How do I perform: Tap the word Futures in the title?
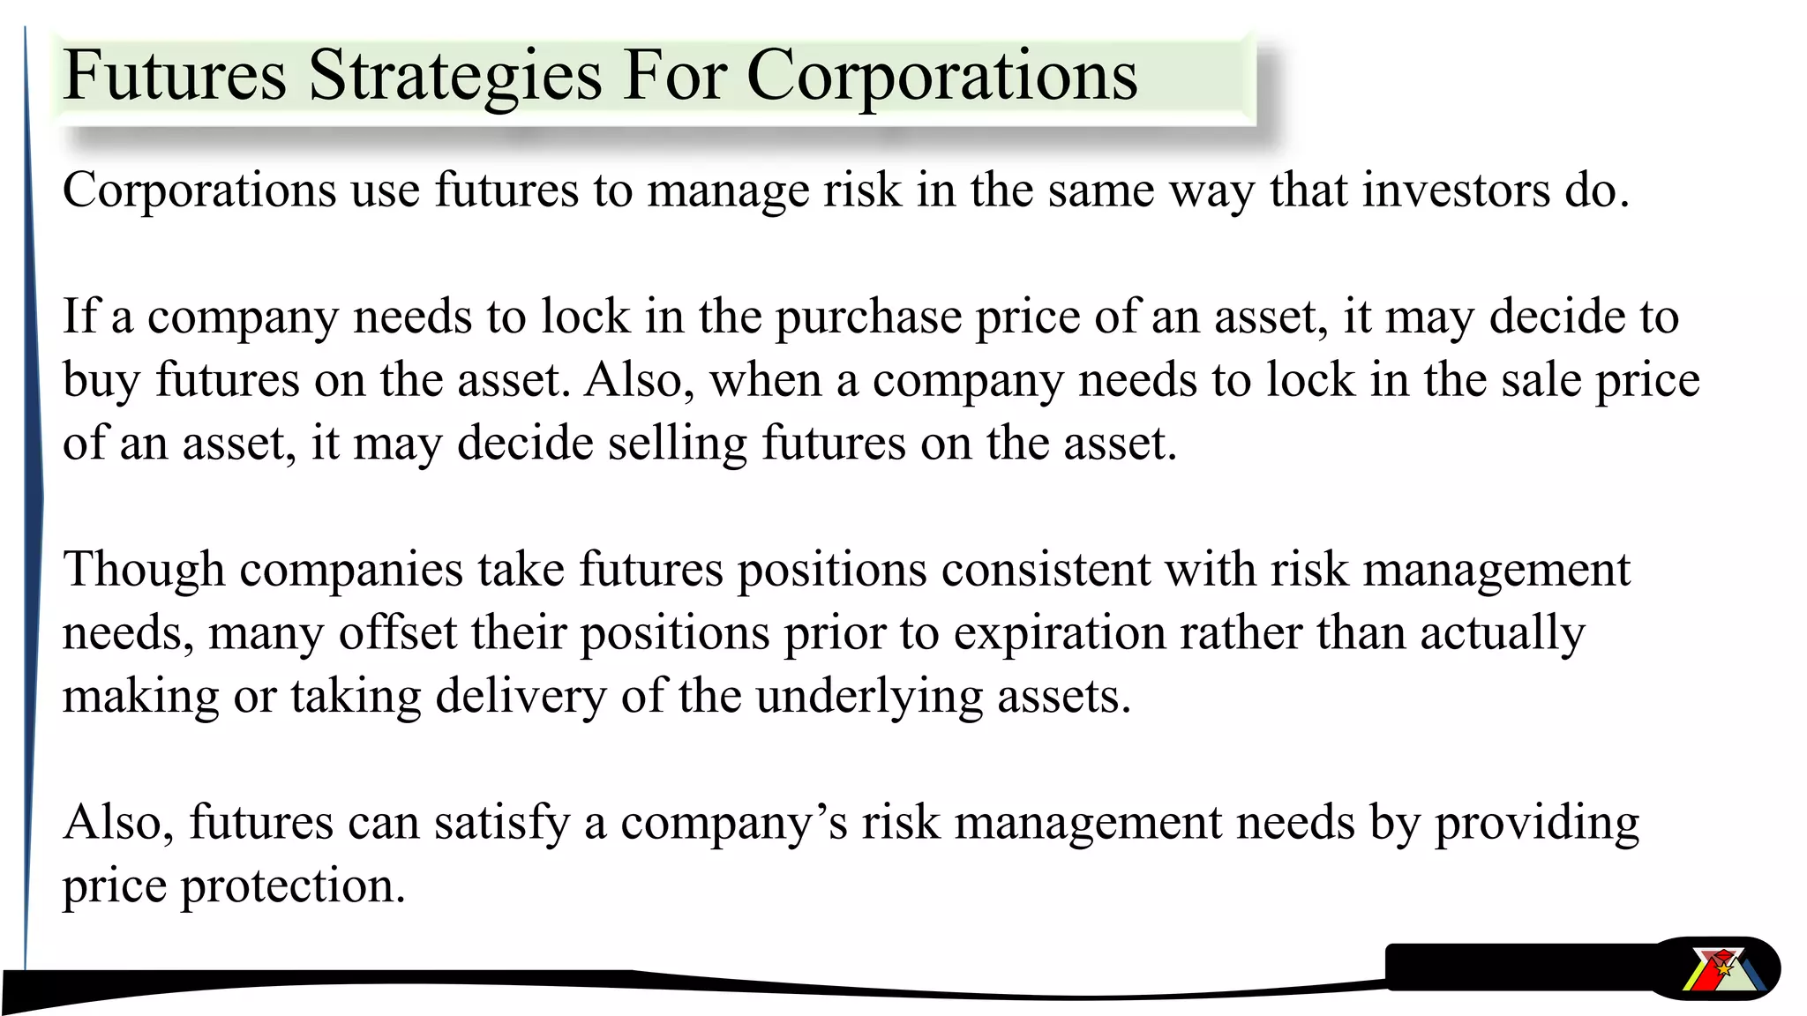pos(175,76)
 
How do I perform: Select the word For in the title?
pos(676,76)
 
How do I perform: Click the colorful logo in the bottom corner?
pos(1721,970)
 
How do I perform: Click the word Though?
pos(143,570)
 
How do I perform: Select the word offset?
pos(397,633)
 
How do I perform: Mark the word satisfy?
pos(501,824)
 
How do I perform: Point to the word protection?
pos(292,887)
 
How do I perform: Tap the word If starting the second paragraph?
pos(79,317)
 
